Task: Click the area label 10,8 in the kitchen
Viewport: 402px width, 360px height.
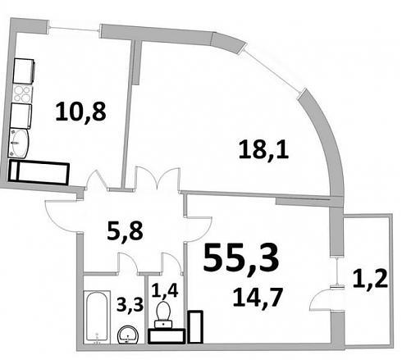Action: [x=80, y=112]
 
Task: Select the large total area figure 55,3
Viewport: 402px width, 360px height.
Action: [x=241, y=257]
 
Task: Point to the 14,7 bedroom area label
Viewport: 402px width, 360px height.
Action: [x=258, y=298]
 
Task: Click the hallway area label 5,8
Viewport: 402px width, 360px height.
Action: [x=126, y=231]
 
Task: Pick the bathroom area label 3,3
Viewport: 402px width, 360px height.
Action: [x=130, y=304]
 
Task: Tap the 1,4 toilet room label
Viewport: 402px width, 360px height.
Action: [x=165, y=290]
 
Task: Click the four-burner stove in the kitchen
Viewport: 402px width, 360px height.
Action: [x=22, y=93]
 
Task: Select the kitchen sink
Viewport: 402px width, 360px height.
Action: [x=19, y=144]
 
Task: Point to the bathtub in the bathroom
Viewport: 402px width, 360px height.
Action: [x=97, y=317]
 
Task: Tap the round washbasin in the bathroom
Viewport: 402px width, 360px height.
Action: [x=128, y=335]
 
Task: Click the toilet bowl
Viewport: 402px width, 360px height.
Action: [x=163, y=314]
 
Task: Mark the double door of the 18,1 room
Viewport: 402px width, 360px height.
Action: [x=158, y=177]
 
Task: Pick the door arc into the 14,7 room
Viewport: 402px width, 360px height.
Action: [x=199, y=230]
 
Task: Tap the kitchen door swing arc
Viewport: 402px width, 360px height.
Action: [x=96, y=179]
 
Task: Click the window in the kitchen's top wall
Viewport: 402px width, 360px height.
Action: [x=74, y=29]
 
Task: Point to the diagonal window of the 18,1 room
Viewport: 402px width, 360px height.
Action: [x=273, y=68]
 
